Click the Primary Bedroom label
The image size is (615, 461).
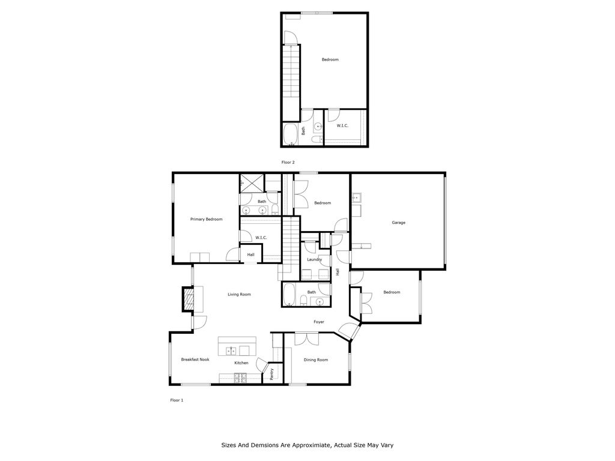[x=206, y=219]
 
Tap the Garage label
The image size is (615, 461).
[x=398, y=223]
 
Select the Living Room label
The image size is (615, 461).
[x=239, y=294]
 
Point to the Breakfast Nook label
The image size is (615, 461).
[x=195, y=360]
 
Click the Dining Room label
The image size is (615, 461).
[x=316, y=360]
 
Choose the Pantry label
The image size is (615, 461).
[x=272, y=373]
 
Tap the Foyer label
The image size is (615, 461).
[x=319, y=322]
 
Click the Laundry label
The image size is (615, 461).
[x=314, y=259]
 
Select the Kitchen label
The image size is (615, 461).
[x=241, y=363]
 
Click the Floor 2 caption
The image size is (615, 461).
[x=288, y=162]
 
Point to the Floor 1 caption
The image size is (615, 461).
[x=177, y=399]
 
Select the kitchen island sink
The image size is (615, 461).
[x=231, y=350]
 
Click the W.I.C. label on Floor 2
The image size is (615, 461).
[x=342, y=125]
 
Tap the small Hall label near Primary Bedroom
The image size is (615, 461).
[x=250, y=255]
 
